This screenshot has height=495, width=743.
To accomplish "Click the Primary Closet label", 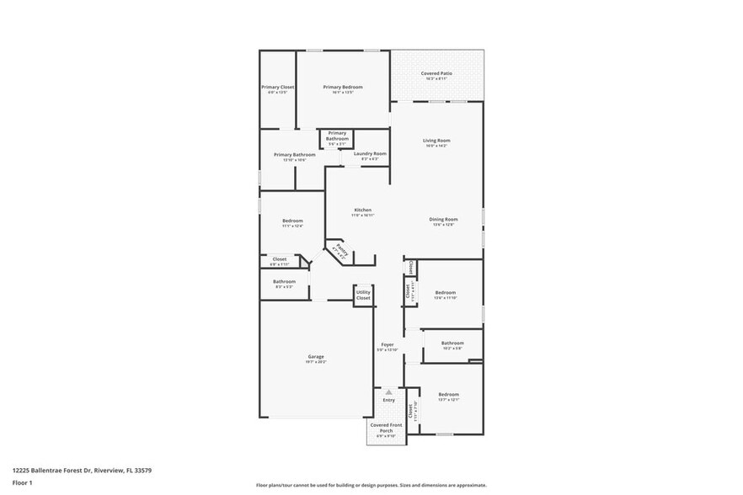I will click(x=277, y=87).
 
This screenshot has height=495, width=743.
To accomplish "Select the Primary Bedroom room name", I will click(x=342, y=87).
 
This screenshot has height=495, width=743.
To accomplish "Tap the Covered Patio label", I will click(x=437, y=73).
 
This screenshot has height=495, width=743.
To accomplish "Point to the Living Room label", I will click(x=436, y=140).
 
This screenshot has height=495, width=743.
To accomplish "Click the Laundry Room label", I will click(x=370, y=153).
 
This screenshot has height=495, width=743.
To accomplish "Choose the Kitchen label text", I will click(x=362, y=210).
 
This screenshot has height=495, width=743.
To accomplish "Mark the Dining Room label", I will click(x=442, y=219).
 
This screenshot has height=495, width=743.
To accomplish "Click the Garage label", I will click(x=315, y=356).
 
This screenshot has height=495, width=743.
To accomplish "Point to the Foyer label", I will click(x=388, y=344).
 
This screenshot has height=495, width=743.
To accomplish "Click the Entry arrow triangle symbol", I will click(x=388, y=391).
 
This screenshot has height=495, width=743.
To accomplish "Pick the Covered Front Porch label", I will click(x=386, y=428).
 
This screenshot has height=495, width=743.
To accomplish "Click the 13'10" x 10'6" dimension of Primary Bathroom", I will click(x=294, y=160).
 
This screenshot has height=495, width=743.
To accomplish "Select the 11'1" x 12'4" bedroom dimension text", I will click(x=292, y=226).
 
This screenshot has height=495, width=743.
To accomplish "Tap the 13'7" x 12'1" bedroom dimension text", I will click(x=448, y=400).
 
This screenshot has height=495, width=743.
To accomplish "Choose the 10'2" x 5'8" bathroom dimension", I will click(x=452, y=348).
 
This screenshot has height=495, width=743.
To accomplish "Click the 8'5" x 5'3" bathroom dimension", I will click(x=284, y=287).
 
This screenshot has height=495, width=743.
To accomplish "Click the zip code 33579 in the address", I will click(x=142, y=470).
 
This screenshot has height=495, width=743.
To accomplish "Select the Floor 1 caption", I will click(x=22, y=482).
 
